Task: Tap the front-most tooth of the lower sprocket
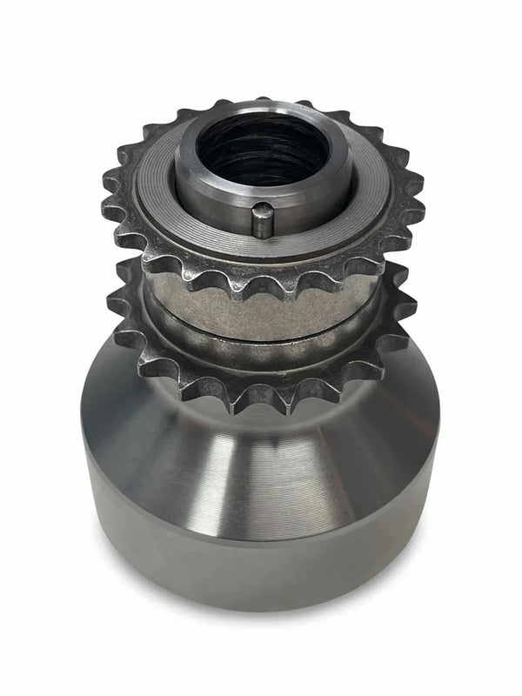[x=261, y=402]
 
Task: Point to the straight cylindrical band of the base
[x=261, y=557]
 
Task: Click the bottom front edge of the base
[x=261, y=607]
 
